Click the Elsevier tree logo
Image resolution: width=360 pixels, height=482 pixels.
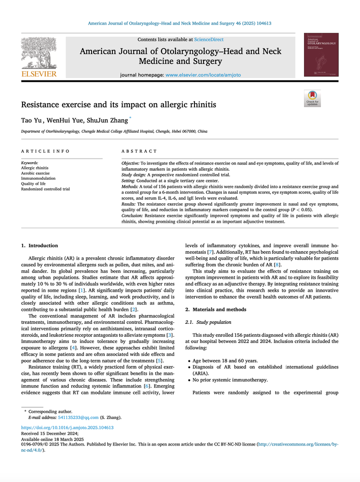click(39, 54)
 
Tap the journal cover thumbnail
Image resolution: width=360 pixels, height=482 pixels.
click(320, 55)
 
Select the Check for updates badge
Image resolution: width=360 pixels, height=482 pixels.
click(312, 98)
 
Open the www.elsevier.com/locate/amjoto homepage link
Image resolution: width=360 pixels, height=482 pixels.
click(202, 75)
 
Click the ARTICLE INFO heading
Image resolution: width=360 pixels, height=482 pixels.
click(42, 151)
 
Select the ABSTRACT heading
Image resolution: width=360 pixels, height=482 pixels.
click(139, 151)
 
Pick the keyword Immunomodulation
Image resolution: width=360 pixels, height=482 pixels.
click(38, 178)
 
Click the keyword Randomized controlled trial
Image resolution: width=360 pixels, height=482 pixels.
click(45, 189)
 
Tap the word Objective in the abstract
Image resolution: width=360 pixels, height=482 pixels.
click(130, 163)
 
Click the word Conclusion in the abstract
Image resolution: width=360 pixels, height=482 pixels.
click(132, 215)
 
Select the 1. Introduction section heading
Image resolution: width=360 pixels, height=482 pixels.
click(39, 246)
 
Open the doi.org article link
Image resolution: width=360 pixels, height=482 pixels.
click(67, 427)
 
